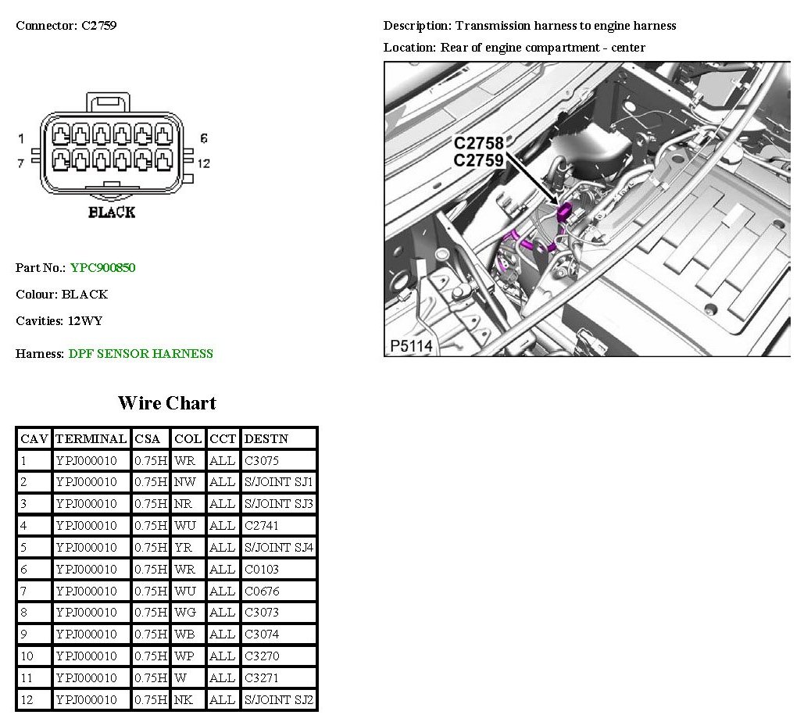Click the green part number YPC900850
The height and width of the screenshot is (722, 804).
point(102,268)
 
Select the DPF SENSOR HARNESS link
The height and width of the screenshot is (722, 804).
point(141,354)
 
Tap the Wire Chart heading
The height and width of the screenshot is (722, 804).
point(167,403)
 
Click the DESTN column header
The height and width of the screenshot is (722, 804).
point(266,439)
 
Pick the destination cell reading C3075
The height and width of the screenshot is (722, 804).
point(262,460)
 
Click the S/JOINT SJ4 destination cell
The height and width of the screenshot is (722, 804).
point(278,548)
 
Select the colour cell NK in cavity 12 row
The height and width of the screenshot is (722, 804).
point(183,700)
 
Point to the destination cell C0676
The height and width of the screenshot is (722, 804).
point(262,592)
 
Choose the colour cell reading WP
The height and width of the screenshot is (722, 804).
point(184,656)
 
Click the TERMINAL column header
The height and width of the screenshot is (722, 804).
point(91,439)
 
